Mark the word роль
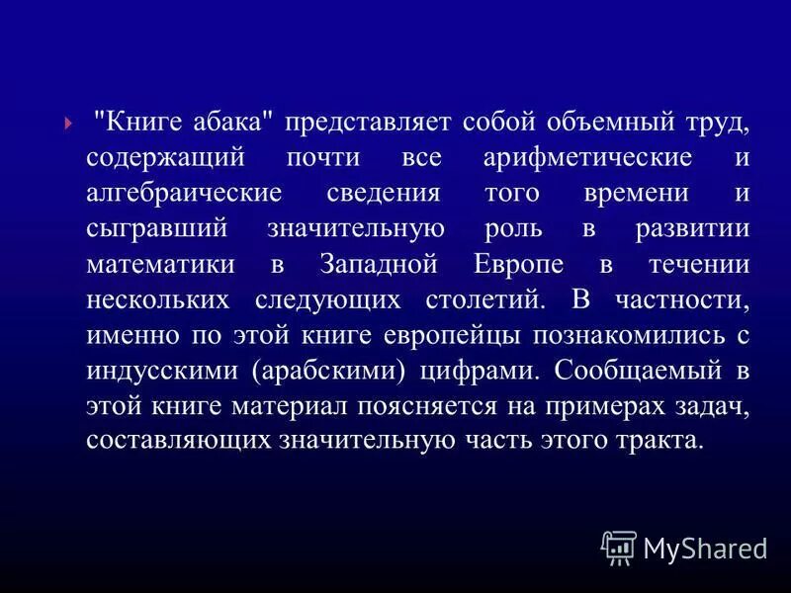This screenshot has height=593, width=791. tap(513, 230)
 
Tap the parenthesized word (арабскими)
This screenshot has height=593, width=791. tap(320, 371)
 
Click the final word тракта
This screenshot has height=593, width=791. tap(662, 441)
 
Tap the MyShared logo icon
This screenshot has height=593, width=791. tap(619, 547)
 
